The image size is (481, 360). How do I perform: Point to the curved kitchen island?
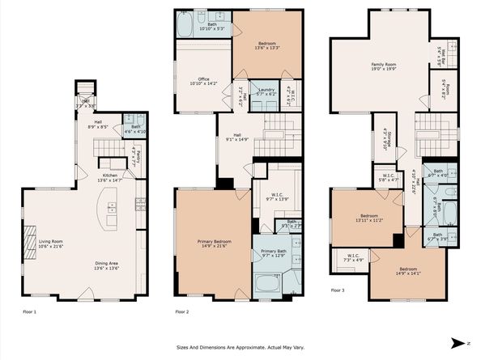(x=107, y=213)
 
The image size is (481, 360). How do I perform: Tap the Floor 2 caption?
(x=182, y=311)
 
